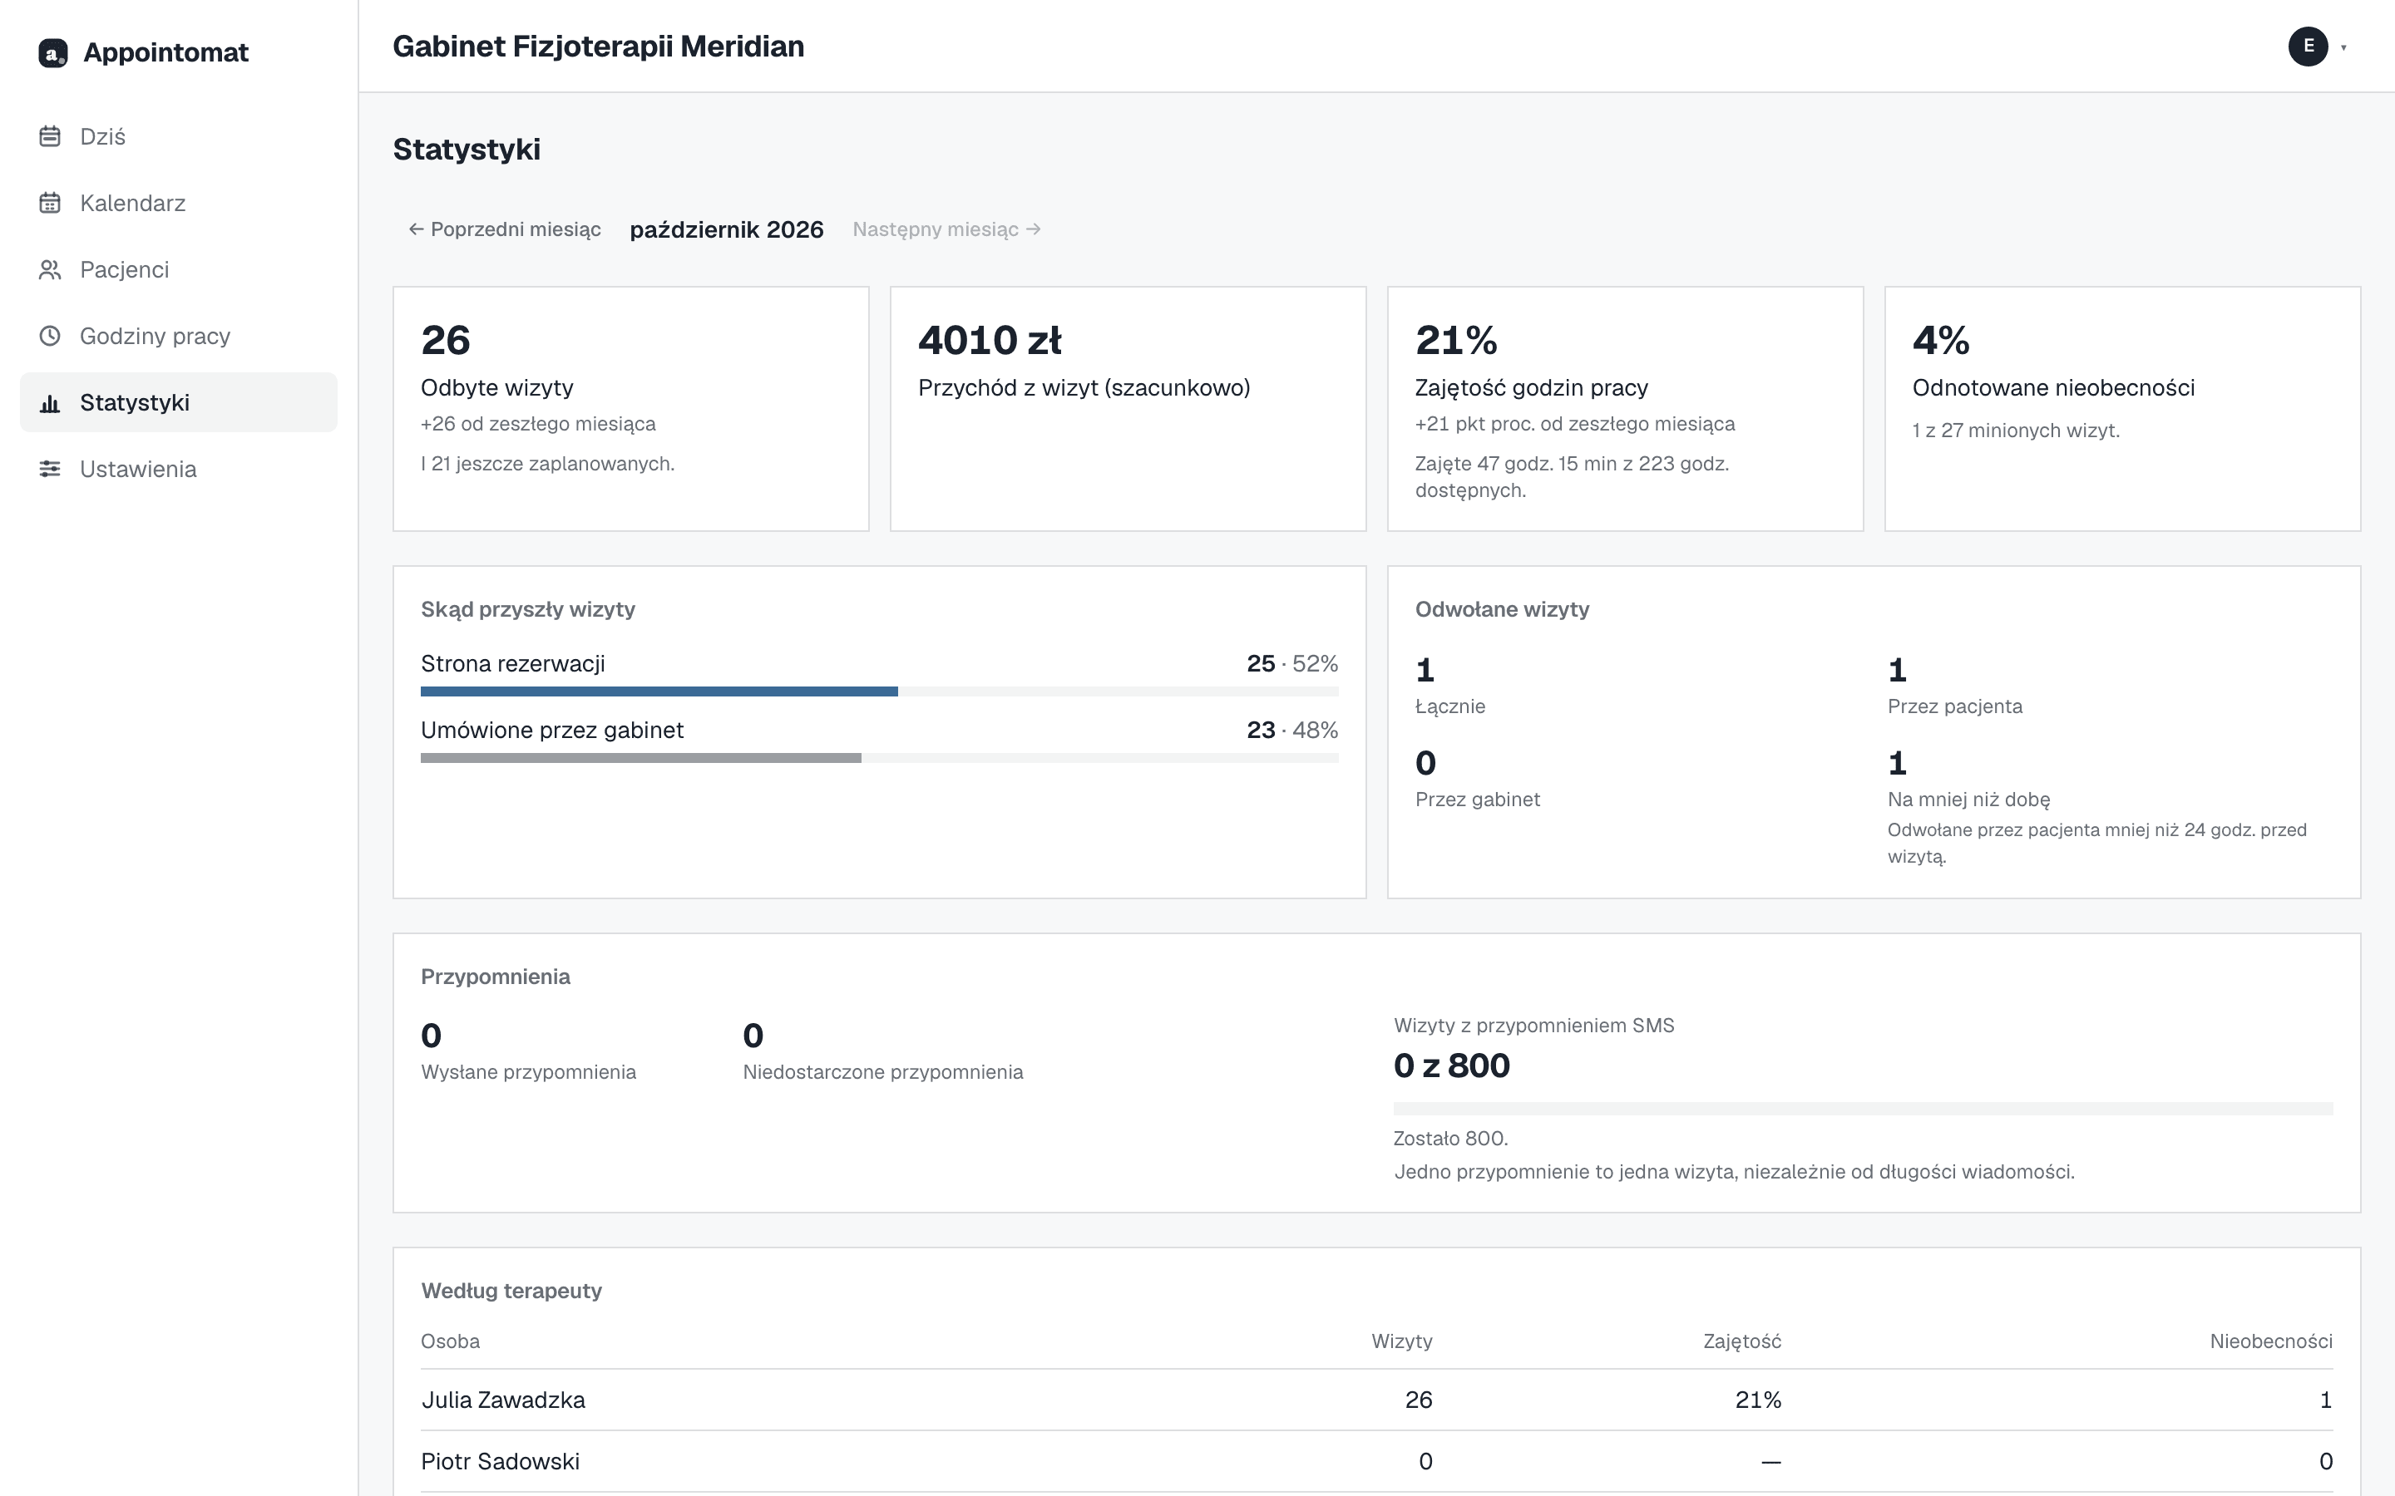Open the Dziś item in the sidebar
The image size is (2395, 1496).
[x=102, y=136]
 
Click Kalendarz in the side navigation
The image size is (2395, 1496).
[x=132, y=203]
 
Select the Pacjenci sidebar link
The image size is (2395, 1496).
[x=124, y=269]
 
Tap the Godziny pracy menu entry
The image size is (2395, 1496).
[x=155, y=336]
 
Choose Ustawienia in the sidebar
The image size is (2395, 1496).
[x=137, y=469]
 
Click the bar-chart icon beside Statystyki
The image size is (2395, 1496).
[x=50, y=403]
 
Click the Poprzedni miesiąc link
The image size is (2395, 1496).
[x=505, y=229]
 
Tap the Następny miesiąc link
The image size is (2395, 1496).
[x=947, y=229]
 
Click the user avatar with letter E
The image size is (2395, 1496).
[x=2308, y=47]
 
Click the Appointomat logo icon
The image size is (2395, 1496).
[x=52, y=52]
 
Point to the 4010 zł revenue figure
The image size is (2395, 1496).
[x=990, y=341]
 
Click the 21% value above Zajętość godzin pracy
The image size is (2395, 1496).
[x=1456, y=341]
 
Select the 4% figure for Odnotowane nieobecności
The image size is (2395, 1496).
[x=1941, y=341]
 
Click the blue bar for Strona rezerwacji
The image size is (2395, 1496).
[x=659, y=691]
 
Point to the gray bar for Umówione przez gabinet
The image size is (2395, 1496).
[x=641, y=758]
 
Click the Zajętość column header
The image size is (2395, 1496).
[x=1742, y=1341]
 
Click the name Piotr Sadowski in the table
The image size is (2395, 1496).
[x=500, y=1461]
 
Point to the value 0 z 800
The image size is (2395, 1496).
[x=1452, y=1065]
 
